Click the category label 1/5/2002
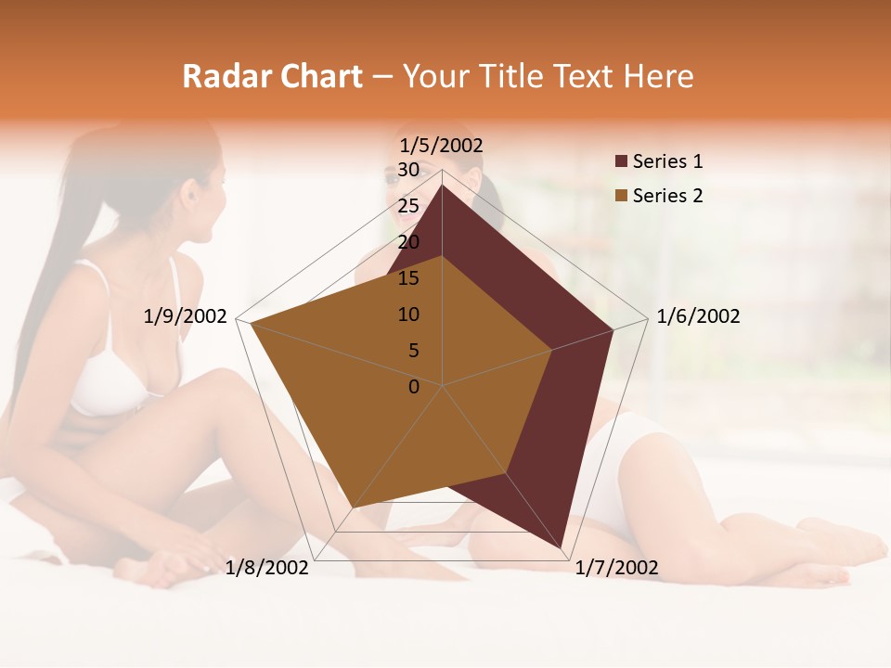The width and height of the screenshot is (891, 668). click(x=441, y=145)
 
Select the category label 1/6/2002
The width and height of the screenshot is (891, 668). click(x=698, y=316)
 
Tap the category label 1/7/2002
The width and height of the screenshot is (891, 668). click(x=616, y=568)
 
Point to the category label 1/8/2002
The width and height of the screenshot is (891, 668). click(x=267, y=568)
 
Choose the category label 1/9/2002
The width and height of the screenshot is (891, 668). click(x=186, y=316)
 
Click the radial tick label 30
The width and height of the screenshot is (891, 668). click(x=408, y=170)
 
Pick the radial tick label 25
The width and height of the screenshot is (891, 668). click(x=408, y=206)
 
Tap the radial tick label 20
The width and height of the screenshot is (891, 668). click(x=408, y=242)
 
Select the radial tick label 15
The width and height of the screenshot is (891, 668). click(x=408, y=278)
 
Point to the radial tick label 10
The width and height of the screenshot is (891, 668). click(x=408, y=315)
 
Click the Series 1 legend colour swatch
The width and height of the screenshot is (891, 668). click(x=621, y=161)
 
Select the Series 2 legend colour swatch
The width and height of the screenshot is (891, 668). click(x=621, y=196)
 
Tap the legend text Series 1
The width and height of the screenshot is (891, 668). click(x=667, y=161)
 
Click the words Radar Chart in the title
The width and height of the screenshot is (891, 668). click(x=272, y=76)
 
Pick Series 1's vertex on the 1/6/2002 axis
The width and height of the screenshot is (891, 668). click(x=613, y=329)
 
